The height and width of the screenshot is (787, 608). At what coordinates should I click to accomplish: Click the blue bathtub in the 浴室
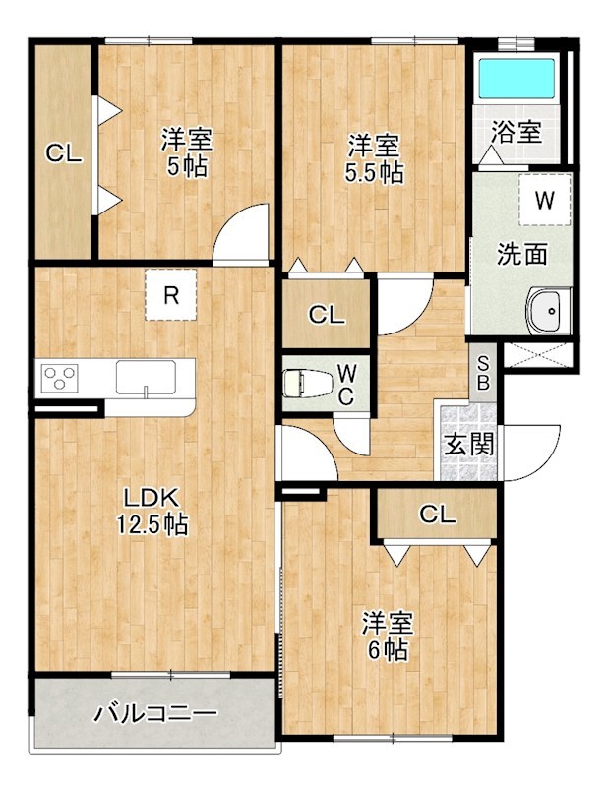517,79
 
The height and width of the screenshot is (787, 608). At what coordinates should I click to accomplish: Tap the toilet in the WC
308,384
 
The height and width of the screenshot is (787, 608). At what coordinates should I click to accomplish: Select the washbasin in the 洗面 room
548,311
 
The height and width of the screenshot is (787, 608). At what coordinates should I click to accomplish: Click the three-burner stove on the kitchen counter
60,378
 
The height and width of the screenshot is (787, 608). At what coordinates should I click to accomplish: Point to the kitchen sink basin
146,378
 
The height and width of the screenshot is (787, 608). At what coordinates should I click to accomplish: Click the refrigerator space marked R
171,294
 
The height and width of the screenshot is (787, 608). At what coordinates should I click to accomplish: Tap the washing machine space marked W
545,200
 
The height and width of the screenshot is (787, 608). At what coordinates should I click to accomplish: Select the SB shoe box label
483,373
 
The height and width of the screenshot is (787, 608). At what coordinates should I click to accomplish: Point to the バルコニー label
156,713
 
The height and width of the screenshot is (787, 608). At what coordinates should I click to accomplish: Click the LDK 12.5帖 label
152,511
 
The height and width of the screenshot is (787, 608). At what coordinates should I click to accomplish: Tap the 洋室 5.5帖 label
374,158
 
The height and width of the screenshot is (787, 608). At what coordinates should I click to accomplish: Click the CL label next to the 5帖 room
64,153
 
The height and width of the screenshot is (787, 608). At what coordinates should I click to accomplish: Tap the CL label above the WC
327,315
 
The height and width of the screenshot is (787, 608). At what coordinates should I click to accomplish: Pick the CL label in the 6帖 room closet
438,514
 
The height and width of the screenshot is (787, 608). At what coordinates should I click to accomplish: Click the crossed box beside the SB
538,354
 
